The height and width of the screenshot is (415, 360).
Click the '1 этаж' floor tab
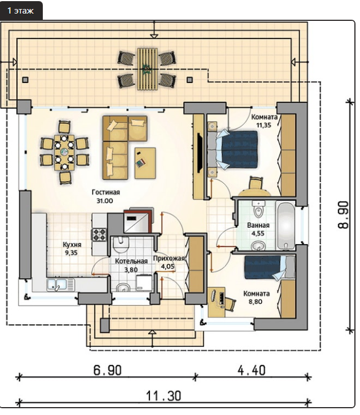pyautogui.click(x=21, y=11)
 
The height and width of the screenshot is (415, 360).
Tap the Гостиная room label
pyautogui.click(x=106, y=196)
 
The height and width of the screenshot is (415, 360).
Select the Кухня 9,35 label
pyautogui.click(x=72, y=249)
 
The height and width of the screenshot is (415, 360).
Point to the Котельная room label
pyautogui.click(x=131, y=266)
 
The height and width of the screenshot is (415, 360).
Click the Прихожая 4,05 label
pyautogui.click(x=169, y=263)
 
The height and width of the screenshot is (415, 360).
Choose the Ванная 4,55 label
pyautogui.click(x=258, y=229)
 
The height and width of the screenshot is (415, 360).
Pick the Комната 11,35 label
pyautogui.click(x=264, y=121)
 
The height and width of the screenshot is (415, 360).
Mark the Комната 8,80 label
pyautogui.click(x=256, y=298)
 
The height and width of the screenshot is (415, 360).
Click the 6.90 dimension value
pyautogui.click(x=108, y=370)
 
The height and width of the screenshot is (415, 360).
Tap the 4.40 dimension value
pyautogui.click(x=251, y=370)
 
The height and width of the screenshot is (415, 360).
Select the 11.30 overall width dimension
pyautogui.click(x=163, y=396)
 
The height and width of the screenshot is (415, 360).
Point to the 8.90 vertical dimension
pyautogui.click(x=343, y=215)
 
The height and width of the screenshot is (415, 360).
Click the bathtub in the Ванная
pyautogui.click(x=286, y=225)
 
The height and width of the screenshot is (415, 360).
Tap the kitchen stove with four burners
pyautogui.click(x=99, y=235)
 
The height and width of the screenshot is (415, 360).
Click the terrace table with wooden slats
pyautogui.click(x=147, y=69)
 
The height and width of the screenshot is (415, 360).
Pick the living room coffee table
pyautogui.click(x=145, y=164)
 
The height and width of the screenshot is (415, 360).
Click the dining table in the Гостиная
pyautogui.click(x=64, y=152)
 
